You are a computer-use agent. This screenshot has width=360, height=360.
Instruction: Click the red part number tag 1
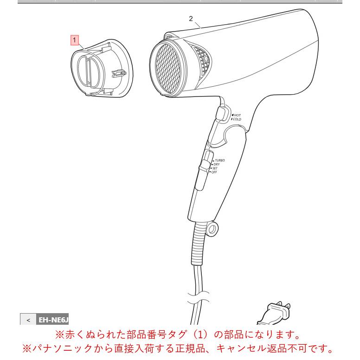pyautogui.click(x=74, y=40)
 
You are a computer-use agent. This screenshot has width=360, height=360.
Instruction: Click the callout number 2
pyautogui.click(x=191, y=19)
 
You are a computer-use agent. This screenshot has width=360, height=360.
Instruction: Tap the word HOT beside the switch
pyautogui.click(x=237, y=115)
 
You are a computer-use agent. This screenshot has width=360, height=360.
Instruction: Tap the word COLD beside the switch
pyautogui.click(x=237, y=119)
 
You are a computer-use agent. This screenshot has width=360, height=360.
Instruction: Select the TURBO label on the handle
pyautogui.click(x=220, y=161)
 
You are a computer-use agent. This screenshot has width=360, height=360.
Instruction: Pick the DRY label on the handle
pyautogui.click(x=217, y=164)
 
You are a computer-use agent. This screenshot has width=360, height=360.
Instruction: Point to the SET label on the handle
pyautogui.click(x=215, y=168)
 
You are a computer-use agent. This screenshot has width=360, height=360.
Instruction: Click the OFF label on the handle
pyautogui.click(x=214, y=172)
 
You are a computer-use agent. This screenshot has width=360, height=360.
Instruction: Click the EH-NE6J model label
pyautogui.click(x=53, y=320)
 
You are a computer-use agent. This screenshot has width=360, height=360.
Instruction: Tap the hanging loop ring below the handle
pyautogui.click(x=212, y=229)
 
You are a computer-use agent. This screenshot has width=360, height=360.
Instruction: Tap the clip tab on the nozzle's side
pyautogui.click(x=119, y=73)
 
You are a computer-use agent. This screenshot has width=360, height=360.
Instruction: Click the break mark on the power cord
pyautogui.click(x=199, y=298)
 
